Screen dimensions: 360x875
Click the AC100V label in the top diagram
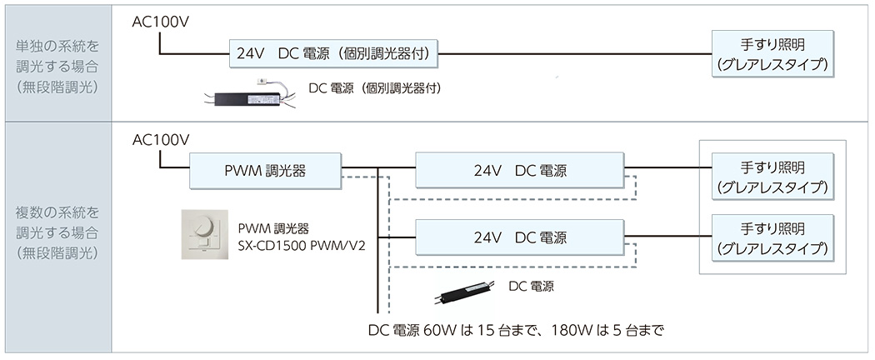[161, 21]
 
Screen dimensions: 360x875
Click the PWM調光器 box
[265, 171]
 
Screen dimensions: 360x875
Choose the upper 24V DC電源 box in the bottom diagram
[519, 171]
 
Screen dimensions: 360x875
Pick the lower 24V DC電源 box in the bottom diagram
[519, 237]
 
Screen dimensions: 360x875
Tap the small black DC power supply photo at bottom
[469, 292]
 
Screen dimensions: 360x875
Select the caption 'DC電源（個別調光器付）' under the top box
[374, 87]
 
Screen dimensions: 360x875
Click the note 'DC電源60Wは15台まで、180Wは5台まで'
[517, 330]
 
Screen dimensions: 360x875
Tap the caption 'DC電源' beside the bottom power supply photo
[531, 286]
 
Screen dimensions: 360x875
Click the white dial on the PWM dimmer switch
[202, 228]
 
